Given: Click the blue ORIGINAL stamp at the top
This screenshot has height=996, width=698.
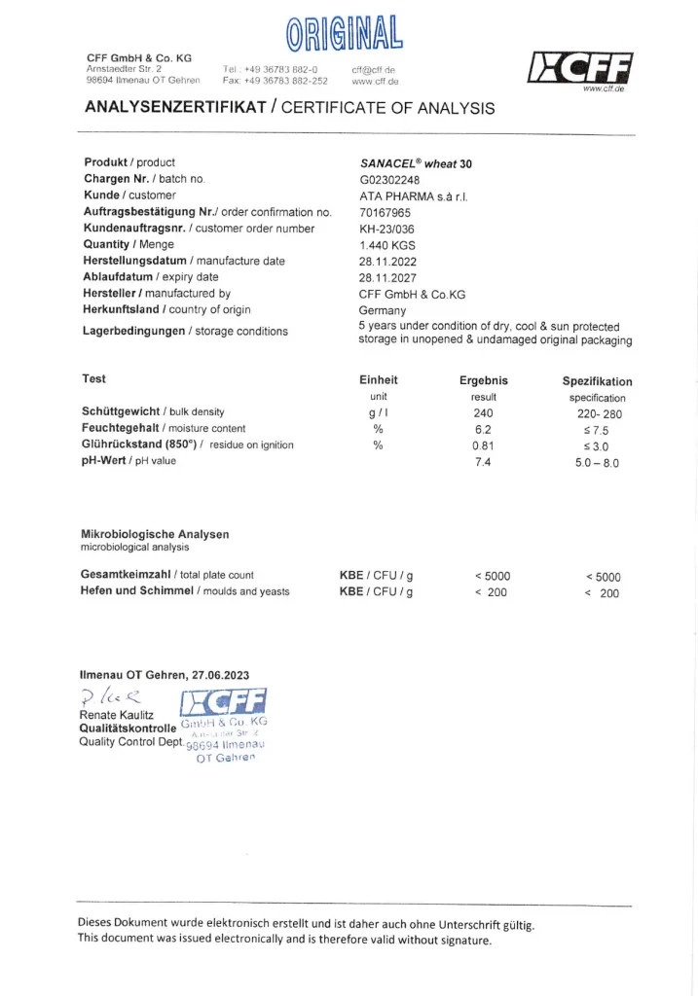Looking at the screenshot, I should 346,35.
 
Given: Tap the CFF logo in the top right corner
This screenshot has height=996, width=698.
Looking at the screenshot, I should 579,70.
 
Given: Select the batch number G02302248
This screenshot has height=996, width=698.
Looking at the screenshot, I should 389,179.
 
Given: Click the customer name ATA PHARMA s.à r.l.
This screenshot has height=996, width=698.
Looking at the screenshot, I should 401,196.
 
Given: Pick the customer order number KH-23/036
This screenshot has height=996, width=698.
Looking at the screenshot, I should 386,229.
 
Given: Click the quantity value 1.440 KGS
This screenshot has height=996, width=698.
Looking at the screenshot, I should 387,245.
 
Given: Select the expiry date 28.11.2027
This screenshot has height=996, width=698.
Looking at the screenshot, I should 387,277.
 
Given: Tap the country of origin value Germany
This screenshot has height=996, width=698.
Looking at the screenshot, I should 383,310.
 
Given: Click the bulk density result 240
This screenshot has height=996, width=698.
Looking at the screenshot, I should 483,412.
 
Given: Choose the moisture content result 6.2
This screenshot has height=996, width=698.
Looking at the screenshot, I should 483,429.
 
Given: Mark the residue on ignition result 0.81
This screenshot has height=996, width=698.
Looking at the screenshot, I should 483,445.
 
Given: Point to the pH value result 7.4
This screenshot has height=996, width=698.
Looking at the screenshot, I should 483,462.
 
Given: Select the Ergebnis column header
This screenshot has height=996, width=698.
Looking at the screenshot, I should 483,380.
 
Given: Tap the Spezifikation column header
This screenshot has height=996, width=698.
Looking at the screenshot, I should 597,381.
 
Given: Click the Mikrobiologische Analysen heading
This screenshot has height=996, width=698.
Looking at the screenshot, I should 155,534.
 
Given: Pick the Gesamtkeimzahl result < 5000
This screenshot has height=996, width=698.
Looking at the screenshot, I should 492,576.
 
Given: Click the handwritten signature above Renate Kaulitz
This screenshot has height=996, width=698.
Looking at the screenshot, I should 113,696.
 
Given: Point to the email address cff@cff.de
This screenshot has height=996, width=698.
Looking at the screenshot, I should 373,70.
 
